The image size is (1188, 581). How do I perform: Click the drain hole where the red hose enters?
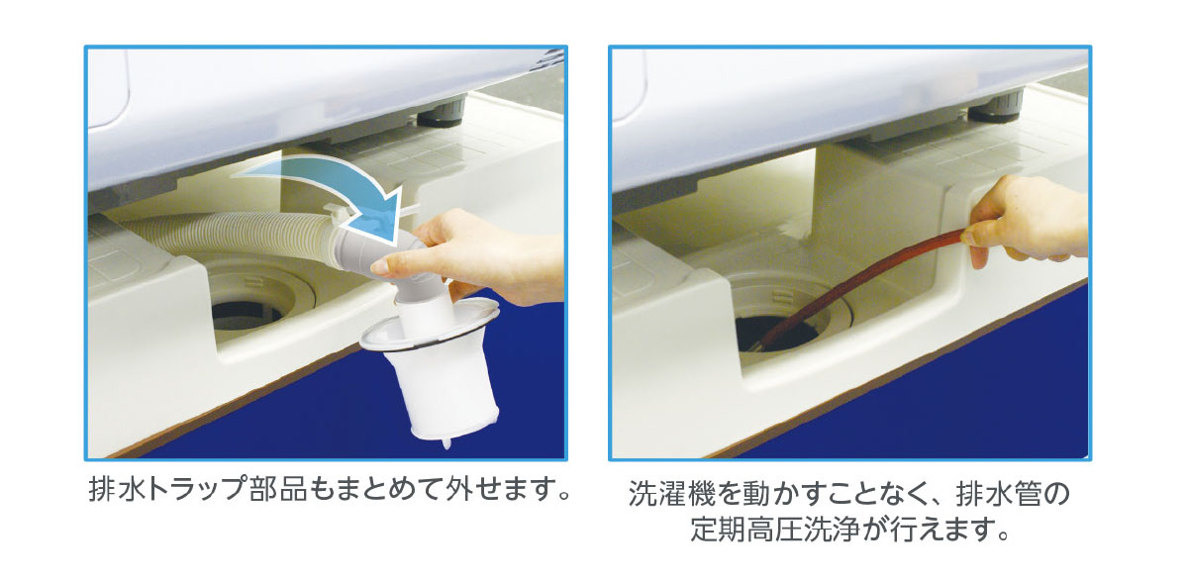(x=780, y=334)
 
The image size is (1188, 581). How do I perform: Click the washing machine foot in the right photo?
(x=995, y=108)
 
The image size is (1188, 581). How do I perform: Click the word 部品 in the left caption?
(x=278, y=489)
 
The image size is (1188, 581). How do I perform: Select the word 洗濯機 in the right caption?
(x=672, y=494)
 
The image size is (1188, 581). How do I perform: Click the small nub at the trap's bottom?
(x=446, y=442)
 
